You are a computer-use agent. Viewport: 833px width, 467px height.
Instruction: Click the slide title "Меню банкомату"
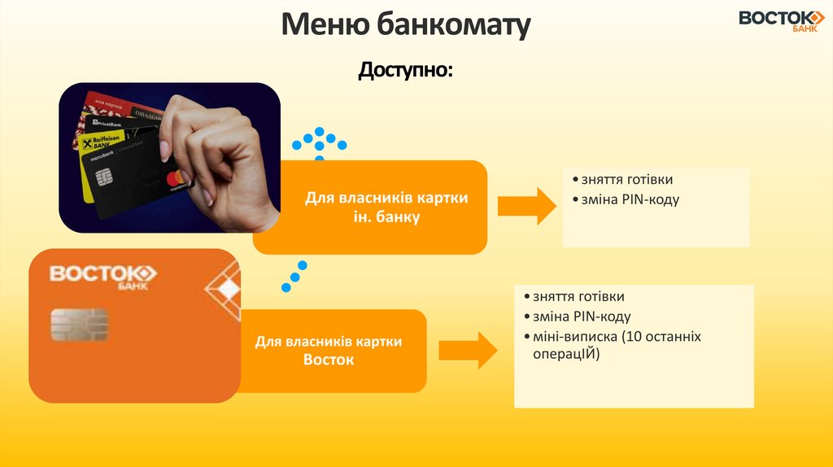click(406, 25)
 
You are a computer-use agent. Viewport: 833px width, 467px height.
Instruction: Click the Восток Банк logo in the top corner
click(781, 21)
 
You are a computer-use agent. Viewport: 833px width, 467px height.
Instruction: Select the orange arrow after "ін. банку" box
click(527, 206)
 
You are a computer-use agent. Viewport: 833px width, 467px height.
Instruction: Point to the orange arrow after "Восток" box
click(468, 350)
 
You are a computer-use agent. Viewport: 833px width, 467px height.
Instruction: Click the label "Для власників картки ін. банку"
click(386, 207)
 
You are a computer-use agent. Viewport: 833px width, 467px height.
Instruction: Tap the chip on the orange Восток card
click(79, 325)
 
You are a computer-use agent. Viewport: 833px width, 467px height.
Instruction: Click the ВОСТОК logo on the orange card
click(102, 274)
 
